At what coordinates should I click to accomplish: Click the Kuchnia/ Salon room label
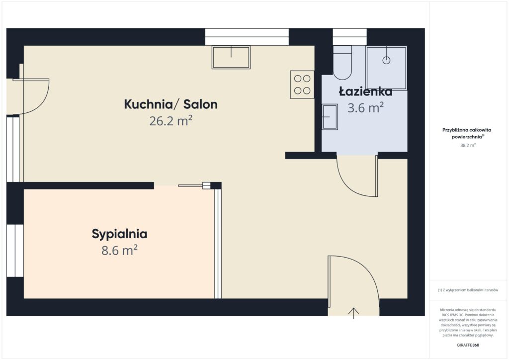pyautogui.click(x=170, y=105)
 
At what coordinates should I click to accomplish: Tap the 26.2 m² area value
pyautogui.click(x=170, y=121)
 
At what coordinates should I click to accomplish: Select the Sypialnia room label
pyautogui.click(x=119, y=234)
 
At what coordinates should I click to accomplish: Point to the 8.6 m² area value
pyautogui.click(x=119, y=250)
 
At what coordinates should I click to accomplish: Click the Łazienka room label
pyautogui.click(x=365, y=91)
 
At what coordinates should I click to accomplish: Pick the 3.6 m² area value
pyautogui.click(x=365, y=108)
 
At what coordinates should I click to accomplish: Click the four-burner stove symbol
pyautogui.click(x=302, y=85)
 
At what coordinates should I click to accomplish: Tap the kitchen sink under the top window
pyautogui.click(x=231, y=57)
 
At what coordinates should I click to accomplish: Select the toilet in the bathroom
pyautogui.click(x=342, y=63)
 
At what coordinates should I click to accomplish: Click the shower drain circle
pyautogui.click(x=386, y=60)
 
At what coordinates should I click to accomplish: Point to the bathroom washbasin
pyautogui.click(x=330, y=117)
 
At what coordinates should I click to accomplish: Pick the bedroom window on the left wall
pyautogui.click(x=15, y=251)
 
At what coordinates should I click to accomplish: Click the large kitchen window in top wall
pyautogui.click(x=247, y=37)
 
